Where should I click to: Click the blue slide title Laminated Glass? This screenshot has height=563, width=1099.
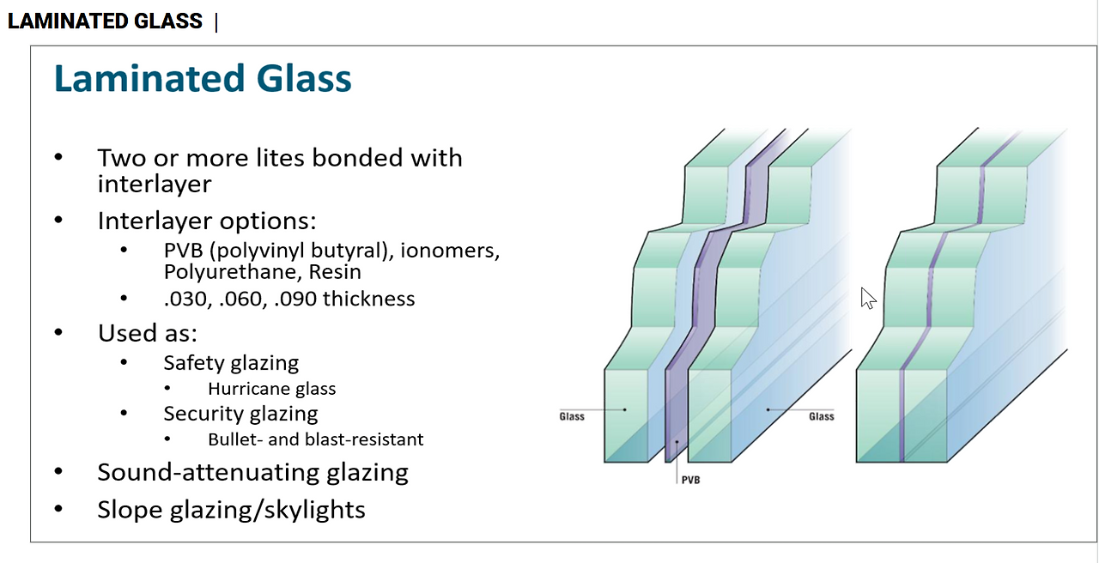[203, 78]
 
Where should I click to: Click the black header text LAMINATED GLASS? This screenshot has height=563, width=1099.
[105, 21]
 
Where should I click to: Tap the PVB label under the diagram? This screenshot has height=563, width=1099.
[691, 480]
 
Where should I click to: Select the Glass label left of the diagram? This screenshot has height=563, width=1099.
[572, 416]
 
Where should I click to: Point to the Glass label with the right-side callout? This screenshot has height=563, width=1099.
[822, 416]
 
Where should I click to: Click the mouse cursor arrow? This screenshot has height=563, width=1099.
[868, 298]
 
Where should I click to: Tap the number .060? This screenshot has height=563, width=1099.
[240, 300]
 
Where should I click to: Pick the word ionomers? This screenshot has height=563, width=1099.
[450, 251]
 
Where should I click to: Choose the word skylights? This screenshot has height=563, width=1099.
[314, 510]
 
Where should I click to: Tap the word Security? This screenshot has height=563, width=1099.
[194, 414]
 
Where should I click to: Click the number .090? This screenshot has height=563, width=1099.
[295, 300]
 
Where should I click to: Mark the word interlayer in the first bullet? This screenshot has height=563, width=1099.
[155, 185]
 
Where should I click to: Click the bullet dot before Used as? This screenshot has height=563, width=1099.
[58, 332]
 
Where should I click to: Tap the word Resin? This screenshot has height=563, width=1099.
[335, 272]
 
